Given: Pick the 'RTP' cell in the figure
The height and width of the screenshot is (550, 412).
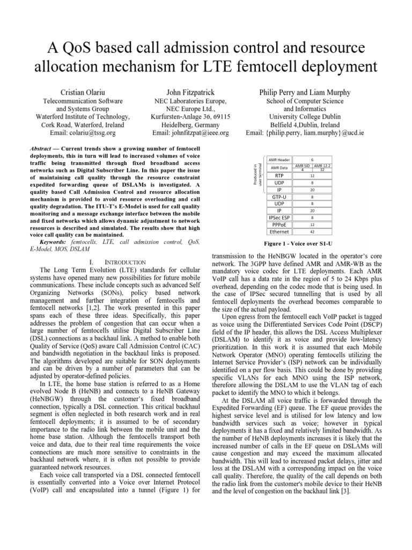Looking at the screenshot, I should pyautogui.click(x=279, y=176).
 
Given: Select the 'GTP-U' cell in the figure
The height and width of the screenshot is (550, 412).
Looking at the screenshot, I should pyautogui.click(x=279, y=197).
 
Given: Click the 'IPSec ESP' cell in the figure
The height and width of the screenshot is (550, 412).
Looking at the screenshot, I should pyautogui.click(x=279, y=218).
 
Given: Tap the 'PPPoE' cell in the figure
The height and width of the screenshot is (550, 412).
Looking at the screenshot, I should pyautogui.click(x=279, y=225).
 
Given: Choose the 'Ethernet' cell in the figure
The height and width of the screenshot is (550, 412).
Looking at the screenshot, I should pyautogui.click(x=279, y=232).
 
